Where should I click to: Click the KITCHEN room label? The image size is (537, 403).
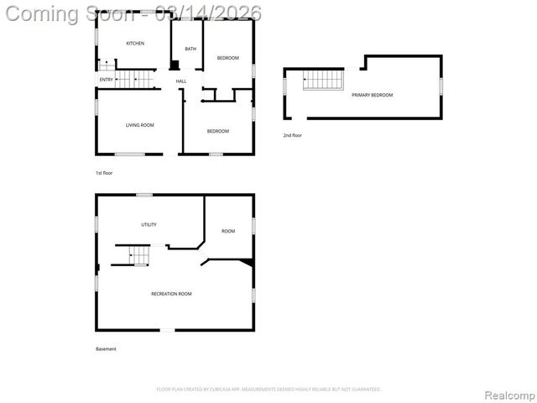135,43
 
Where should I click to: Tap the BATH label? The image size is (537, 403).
190,49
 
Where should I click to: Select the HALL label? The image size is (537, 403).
180,81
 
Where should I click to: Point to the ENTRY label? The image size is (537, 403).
106,80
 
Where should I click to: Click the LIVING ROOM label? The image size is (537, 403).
139,126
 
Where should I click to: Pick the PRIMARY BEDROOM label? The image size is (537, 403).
372,95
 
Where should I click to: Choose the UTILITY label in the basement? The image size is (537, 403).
149,224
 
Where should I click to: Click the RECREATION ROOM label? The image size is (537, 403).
171,294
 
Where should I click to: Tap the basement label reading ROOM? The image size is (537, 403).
228,231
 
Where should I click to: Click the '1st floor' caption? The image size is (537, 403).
104,173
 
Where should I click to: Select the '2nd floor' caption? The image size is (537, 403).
293,135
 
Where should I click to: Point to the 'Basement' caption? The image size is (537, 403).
106,349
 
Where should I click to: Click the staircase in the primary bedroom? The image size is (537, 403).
323,80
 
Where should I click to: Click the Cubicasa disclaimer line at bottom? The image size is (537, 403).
268,390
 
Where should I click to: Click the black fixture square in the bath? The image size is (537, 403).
175,65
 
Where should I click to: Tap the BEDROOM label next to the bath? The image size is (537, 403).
228,58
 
